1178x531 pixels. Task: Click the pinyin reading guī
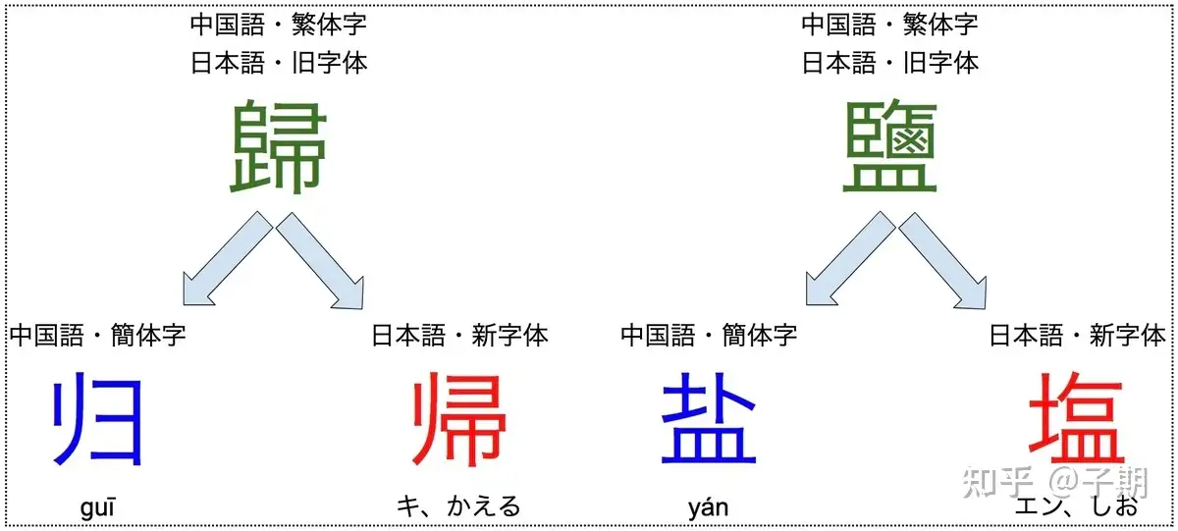pos(98,507)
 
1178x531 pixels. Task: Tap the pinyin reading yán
pos(709,507)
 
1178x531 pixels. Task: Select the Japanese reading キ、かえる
pos(458,506)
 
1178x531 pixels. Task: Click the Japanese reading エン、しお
pos(1077,506)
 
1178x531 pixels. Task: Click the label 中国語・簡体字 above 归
pos(97,336)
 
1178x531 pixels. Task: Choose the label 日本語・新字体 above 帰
pos(459,336)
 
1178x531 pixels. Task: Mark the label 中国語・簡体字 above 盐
pos(709,336)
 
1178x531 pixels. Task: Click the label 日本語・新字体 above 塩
pos(1077,336)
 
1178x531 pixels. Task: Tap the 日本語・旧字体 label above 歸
pos(279,64)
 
